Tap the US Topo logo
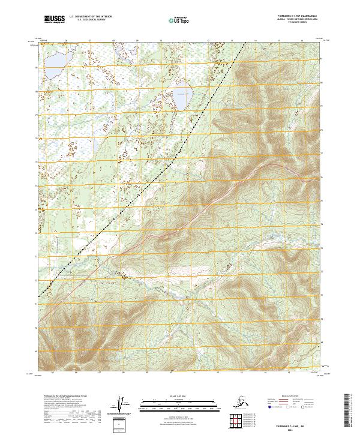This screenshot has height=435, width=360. pos(181,20)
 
